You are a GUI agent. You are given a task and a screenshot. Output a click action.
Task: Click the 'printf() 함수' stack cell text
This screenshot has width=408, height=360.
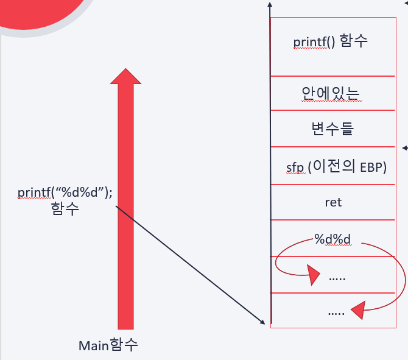(x=331, y=42)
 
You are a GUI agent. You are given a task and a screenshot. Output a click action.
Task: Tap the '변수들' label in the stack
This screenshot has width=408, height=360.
(x=332, y=129)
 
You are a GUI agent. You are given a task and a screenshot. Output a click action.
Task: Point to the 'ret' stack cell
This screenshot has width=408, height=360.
(x=333, y=202)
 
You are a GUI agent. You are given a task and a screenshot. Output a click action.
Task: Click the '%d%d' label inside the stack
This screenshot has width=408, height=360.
(x=332, y=238)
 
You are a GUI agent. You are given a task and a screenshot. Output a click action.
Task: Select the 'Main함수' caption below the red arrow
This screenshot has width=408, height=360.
(x=108, y=345)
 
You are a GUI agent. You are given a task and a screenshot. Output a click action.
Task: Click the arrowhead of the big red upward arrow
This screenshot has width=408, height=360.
(x=125, y=76)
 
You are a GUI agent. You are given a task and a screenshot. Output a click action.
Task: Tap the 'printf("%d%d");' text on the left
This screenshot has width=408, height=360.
(x=65, y=193)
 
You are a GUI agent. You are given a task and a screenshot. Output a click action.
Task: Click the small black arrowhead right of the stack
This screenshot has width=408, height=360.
(x=405, y=147)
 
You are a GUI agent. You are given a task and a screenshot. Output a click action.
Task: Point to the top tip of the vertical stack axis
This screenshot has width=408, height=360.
(x=269, y=5)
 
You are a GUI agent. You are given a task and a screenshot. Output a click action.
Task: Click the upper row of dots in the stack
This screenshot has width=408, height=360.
(x=337, y=277)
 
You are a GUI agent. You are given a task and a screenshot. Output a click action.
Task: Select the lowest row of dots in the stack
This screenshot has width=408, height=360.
(x=336, y=312)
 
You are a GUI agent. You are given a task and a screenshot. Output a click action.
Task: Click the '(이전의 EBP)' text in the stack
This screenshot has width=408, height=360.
(x=348, y=168)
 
